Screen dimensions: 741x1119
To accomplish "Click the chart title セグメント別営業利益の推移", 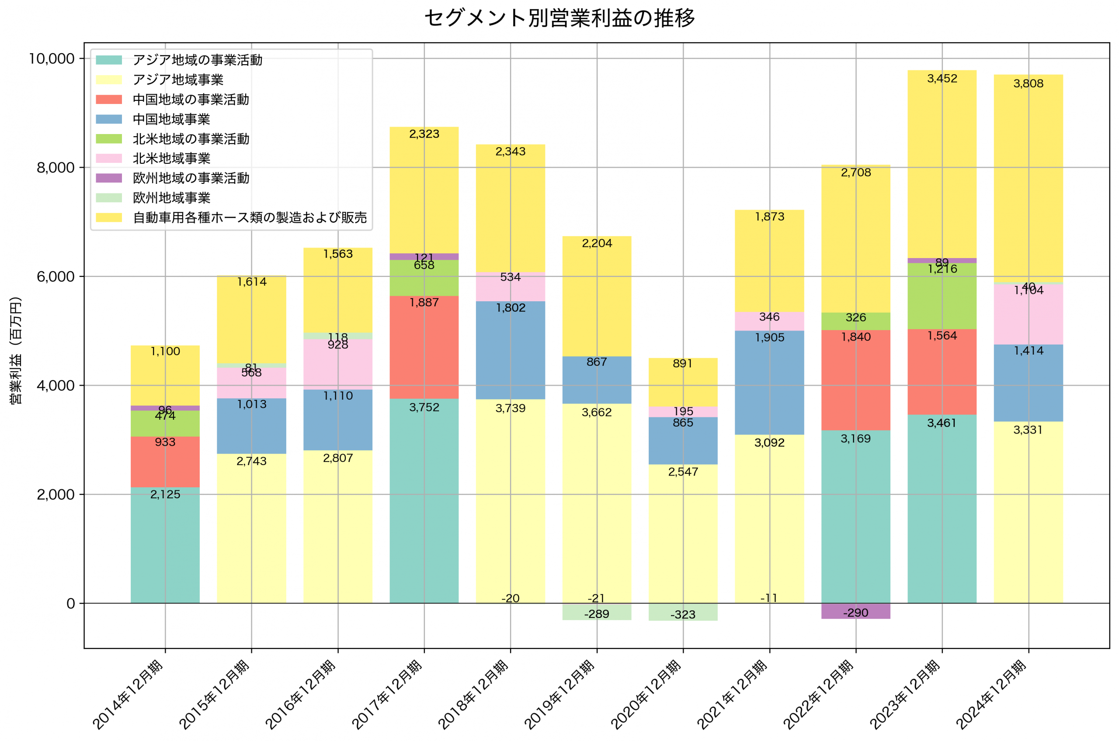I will click(559, 18).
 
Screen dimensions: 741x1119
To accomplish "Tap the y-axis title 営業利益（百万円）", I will click(16, 350).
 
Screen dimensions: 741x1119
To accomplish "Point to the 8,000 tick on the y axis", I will click(56, 168).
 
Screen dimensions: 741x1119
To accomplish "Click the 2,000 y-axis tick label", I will click(56, 494).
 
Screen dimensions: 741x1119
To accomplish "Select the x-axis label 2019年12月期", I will click(560, 694).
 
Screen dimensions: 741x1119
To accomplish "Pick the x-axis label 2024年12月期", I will click(992, 694).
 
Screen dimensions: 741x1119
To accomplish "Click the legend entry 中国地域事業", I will click(171, 119).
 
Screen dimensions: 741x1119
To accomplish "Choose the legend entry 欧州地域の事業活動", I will click(191, 178).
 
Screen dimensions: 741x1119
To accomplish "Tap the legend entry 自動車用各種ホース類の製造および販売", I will click(249, 217).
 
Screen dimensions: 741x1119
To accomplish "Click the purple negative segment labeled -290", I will click(855, 610).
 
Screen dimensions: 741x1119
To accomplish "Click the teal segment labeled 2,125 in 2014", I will click(165, 545).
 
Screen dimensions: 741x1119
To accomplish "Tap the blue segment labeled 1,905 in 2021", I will click(769, 383).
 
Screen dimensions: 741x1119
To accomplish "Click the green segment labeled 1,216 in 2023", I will click(942, 296).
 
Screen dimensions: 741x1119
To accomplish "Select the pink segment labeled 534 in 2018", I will click(510, 287).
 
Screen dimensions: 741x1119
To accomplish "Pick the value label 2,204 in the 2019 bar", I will click(597, 243).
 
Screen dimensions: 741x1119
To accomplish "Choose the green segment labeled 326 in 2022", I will click(855, 321).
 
